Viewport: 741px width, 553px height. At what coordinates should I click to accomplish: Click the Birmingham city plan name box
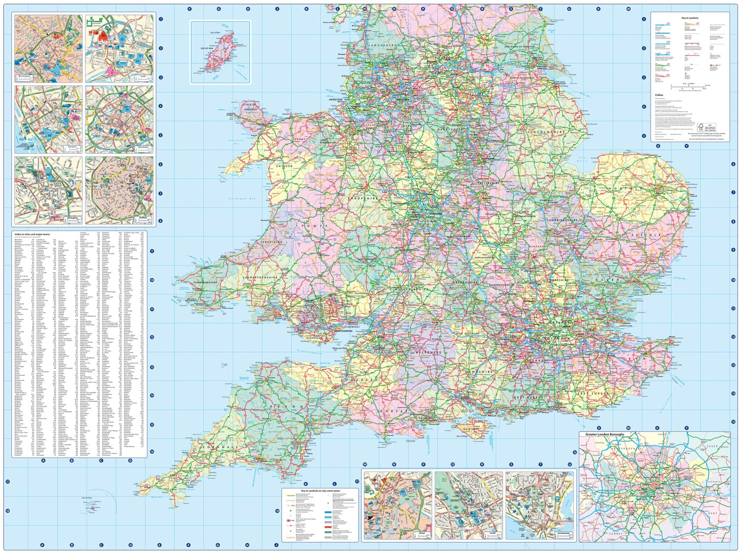pos(24,78)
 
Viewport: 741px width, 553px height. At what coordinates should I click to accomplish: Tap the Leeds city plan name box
pos(143,78)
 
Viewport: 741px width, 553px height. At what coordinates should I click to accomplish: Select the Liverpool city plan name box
pos(73,148)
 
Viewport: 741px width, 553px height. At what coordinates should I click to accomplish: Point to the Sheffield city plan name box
pos(143,219)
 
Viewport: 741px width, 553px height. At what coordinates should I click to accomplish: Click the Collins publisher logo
pos(659,95)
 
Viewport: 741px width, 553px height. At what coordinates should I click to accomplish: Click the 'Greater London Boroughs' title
pos(605,434)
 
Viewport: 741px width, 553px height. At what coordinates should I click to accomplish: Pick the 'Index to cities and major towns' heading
pos(32,234)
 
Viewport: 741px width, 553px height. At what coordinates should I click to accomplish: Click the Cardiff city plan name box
pos(492,535)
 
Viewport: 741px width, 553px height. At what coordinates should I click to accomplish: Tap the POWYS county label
pos(316,226)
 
